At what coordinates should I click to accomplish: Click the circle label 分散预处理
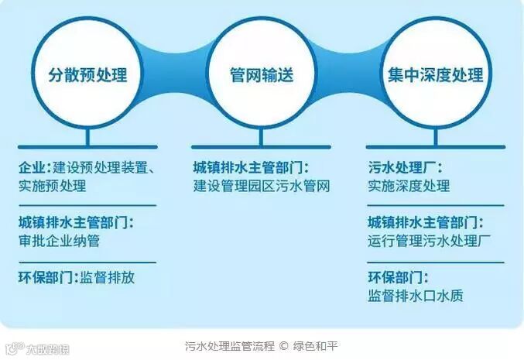87,75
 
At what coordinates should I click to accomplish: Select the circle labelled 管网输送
262,75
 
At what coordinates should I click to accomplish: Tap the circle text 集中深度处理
436,75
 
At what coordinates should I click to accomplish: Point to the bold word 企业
33,166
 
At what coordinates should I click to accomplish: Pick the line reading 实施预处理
52,186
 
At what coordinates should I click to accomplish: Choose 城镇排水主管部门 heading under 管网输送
251,166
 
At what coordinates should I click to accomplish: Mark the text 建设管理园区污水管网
262,186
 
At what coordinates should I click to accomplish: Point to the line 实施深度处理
409,186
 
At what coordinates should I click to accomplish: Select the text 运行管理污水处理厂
426,240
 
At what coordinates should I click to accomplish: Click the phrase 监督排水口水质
416,296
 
